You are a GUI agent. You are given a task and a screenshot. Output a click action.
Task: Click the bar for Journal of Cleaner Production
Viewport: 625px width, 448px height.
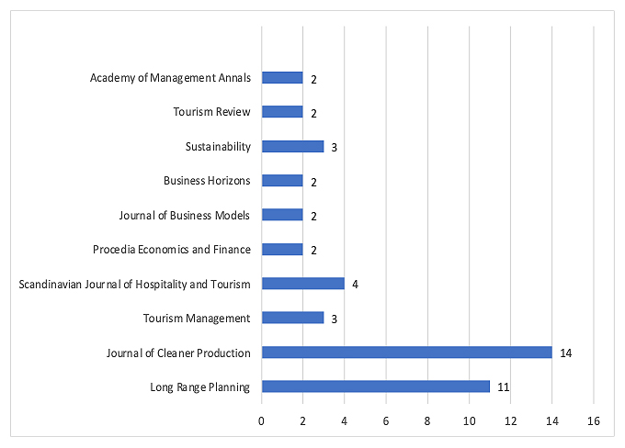pos(406,353)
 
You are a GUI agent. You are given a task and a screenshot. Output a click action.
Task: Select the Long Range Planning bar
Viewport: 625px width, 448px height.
pos(375,386)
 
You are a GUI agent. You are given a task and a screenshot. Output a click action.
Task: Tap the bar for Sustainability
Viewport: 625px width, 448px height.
pos(292,146)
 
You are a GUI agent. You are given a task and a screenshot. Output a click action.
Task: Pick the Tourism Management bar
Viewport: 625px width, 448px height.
pos(292,318)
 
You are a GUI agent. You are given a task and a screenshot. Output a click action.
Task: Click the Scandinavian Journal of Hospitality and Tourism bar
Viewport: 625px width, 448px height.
pos(302,284)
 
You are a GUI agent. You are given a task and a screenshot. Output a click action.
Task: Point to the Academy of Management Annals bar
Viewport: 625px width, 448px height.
pos(282,78)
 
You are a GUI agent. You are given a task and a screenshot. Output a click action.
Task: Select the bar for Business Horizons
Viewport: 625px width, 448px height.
pos(282,181)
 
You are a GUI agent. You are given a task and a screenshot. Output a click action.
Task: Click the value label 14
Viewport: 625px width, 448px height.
pos(565,353)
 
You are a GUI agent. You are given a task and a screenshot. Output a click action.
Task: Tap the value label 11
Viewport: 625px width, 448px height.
pos(503,387)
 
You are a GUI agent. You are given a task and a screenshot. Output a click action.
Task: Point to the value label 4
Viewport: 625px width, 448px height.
pos(355,285)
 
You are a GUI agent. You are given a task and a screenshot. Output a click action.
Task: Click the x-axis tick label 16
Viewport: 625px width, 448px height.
pos(594,421)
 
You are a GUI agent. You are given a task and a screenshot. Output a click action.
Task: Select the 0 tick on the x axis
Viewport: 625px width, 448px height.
pos(262,421)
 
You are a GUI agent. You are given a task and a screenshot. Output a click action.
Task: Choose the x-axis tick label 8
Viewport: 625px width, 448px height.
pos(427,421)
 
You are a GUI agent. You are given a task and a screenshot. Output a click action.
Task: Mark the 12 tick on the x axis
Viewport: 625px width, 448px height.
pos(511,421)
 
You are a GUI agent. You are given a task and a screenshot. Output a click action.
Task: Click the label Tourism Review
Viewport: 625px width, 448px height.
pos(211,112)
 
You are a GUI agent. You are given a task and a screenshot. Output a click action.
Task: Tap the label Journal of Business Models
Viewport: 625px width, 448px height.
pos(184,215)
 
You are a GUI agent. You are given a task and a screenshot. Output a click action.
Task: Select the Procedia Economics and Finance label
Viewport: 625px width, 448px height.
pos(171,249)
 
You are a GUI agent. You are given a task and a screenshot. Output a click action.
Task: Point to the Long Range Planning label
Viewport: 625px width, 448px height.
pos(199,386)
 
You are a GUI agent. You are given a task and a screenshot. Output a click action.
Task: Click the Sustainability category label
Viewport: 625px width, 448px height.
pos(217,146)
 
